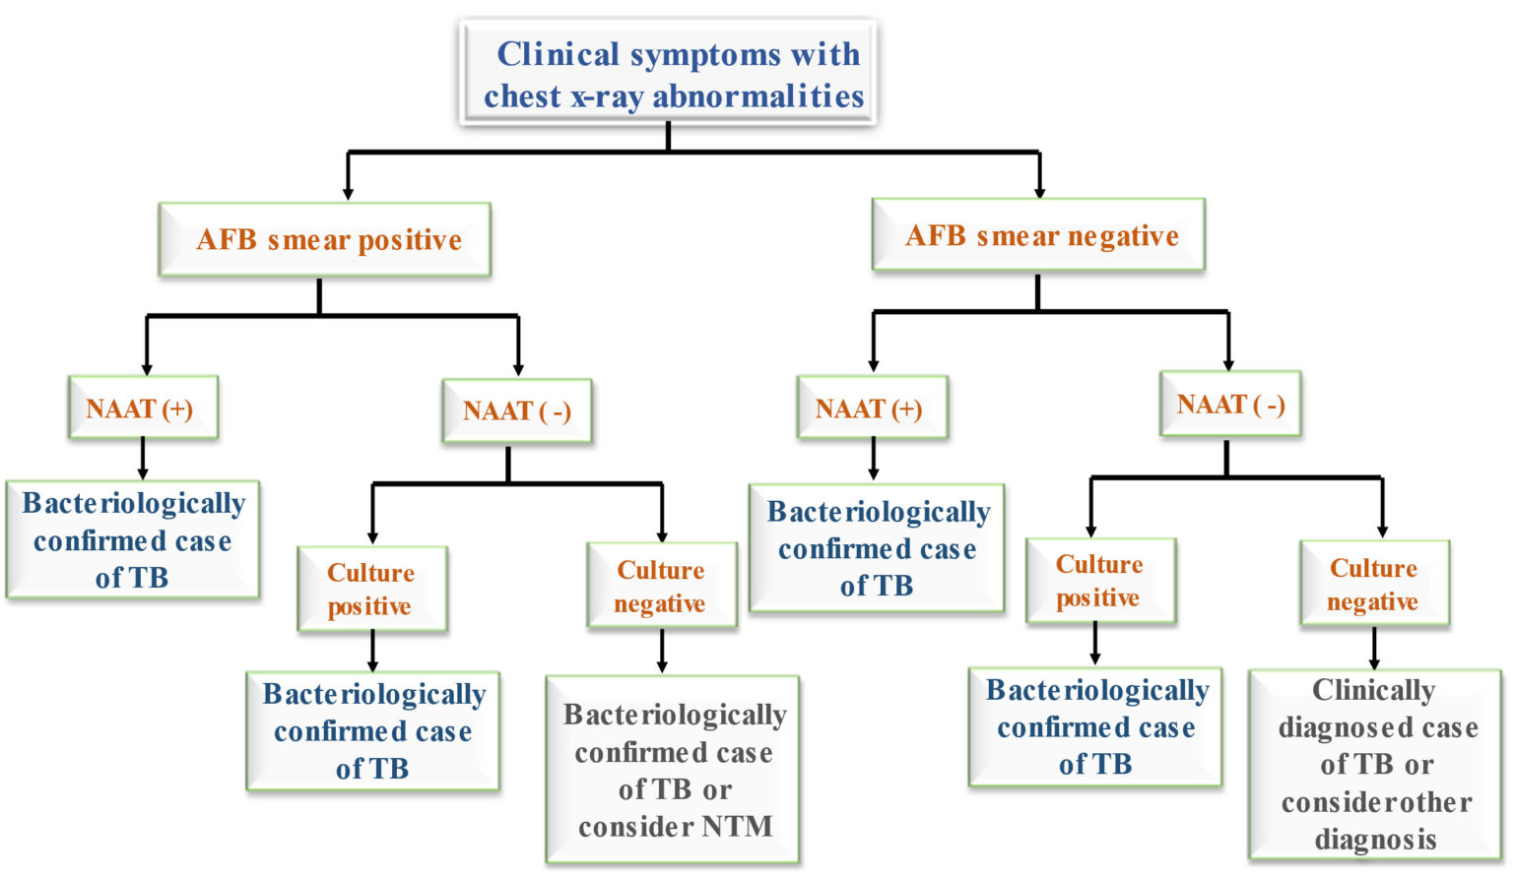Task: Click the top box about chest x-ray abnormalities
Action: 668,73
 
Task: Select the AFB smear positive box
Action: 325,239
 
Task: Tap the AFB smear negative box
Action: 1038,235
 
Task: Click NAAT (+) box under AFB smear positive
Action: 143,408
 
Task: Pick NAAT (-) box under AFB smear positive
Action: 517,410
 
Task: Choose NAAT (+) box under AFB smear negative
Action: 872,408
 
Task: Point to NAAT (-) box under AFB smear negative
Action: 1230,404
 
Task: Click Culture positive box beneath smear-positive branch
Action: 372,589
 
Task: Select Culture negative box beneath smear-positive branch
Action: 661,586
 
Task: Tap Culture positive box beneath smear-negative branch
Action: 1100,581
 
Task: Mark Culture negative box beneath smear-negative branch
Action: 1374,584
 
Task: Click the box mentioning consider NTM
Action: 674,770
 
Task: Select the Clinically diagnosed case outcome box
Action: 1375,764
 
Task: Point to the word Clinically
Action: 1373,690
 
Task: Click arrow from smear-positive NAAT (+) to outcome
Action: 143,459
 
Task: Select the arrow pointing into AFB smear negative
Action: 1039,177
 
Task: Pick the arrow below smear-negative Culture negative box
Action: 1374,649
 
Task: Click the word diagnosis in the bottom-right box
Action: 1375,840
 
